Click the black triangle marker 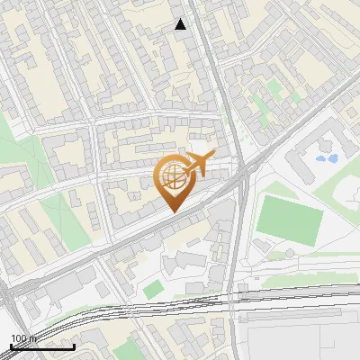(181, 24)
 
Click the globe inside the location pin (171, 177)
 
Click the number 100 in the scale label (18, 338)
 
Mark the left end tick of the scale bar (11, 345)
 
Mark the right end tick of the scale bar (74, 345)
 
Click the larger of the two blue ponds (322, 159)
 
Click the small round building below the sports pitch (264, 247)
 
